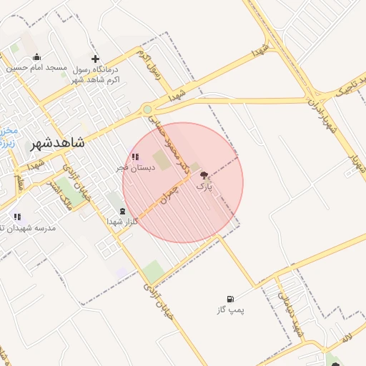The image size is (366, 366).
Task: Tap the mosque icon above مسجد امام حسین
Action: [x=37, y=57]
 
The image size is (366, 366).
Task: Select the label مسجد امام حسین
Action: [x=37, y=68]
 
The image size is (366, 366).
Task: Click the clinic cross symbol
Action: [x=96, y=59]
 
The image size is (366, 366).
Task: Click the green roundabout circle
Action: [x=147, y=109]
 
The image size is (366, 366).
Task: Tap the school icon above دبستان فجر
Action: [x=134, y=157]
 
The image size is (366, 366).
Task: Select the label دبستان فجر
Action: [x=133, y=167]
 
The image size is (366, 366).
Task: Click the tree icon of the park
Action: [x=204, y=175]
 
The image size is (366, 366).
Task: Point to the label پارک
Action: [x=204, y=187]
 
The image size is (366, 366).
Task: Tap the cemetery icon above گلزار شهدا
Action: [x=122, y=211]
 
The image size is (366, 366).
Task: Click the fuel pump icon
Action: [x=229, y=299]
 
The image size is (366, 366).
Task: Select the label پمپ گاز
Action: [x=231, y=310]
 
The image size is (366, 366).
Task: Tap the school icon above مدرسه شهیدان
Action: [x=17, y=216]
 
